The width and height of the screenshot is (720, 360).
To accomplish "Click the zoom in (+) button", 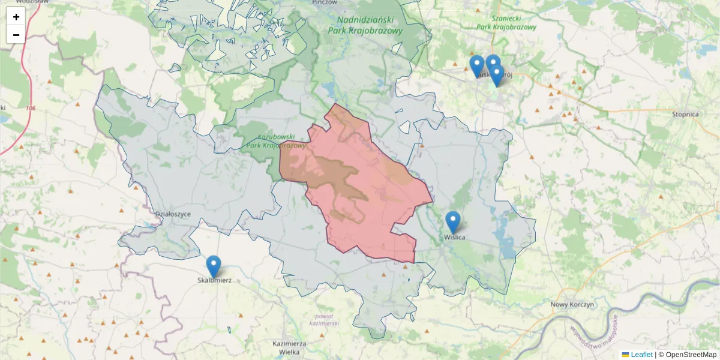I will point(16,17).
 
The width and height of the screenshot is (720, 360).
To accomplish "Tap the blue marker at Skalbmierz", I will point(213,266).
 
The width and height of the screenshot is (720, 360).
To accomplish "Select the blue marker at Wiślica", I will point(453,221).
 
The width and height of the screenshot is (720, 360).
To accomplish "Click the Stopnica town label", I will point(685,114).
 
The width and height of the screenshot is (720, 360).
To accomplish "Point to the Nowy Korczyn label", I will point(572,305).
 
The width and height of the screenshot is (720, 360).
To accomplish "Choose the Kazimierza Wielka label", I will point(290,347).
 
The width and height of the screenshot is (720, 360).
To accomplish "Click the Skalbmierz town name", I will point(214,280).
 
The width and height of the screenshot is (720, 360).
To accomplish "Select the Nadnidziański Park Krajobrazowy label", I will point(365,23).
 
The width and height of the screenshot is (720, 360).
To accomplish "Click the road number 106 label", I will point(31,108).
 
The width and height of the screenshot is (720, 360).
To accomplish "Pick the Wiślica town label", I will point(455,237).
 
